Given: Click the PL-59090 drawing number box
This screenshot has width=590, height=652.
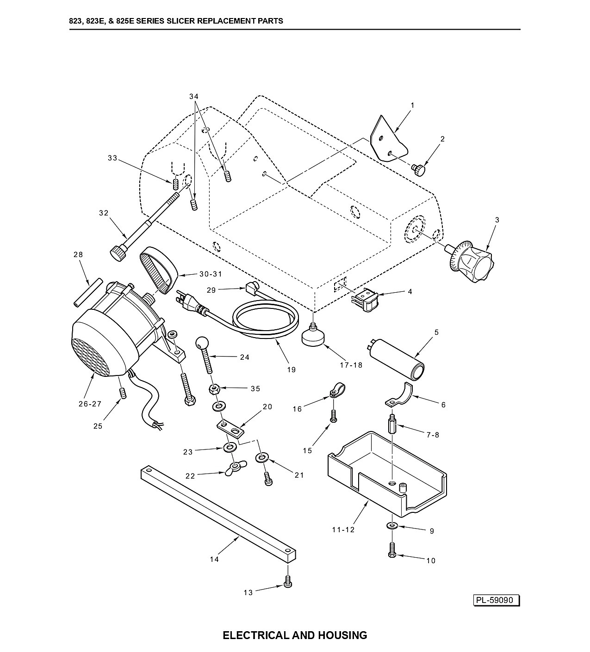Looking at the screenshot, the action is [497, 600].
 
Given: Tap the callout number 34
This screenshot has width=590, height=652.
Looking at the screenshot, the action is [194, 97].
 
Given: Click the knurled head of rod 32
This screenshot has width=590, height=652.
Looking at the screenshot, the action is [118, 252].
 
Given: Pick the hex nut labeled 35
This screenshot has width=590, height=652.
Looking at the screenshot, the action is [214, 389].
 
